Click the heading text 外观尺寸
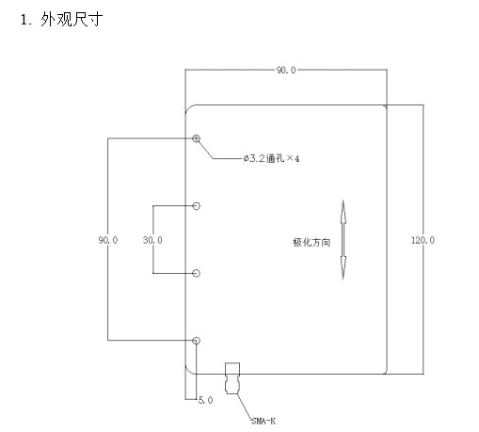tap(72, 20)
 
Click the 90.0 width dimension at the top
tap(286, 71)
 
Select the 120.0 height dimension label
tap(423, 240)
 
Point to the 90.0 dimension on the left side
tap(108, 240)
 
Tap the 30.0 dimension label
tap(152, 240)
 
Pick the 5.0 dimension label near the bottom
tap(206, 400)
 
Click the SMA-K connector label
tap(263, 421)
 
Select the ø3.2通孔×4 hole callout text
tap(271, 158)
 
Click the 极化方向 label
tap(311, 242)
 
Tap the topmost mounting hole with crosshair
tap(197, 138)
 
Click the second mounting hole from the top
tap(197, 206)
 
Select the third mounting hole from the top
tap(197, 273)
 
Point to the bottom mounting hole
tap(197, 341)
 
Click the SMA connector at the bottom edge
tap(232, 378)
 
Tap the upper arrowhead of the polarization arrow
tap(343, 212)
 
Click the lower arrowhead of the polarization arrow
tap(343, 267)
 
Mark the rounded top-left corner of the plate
tap(188, 107)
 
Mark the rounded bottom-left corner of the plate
tap(188, 371)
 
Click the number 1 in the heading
tap(24, 20)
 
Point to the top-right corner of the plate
tap(386, 106)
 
